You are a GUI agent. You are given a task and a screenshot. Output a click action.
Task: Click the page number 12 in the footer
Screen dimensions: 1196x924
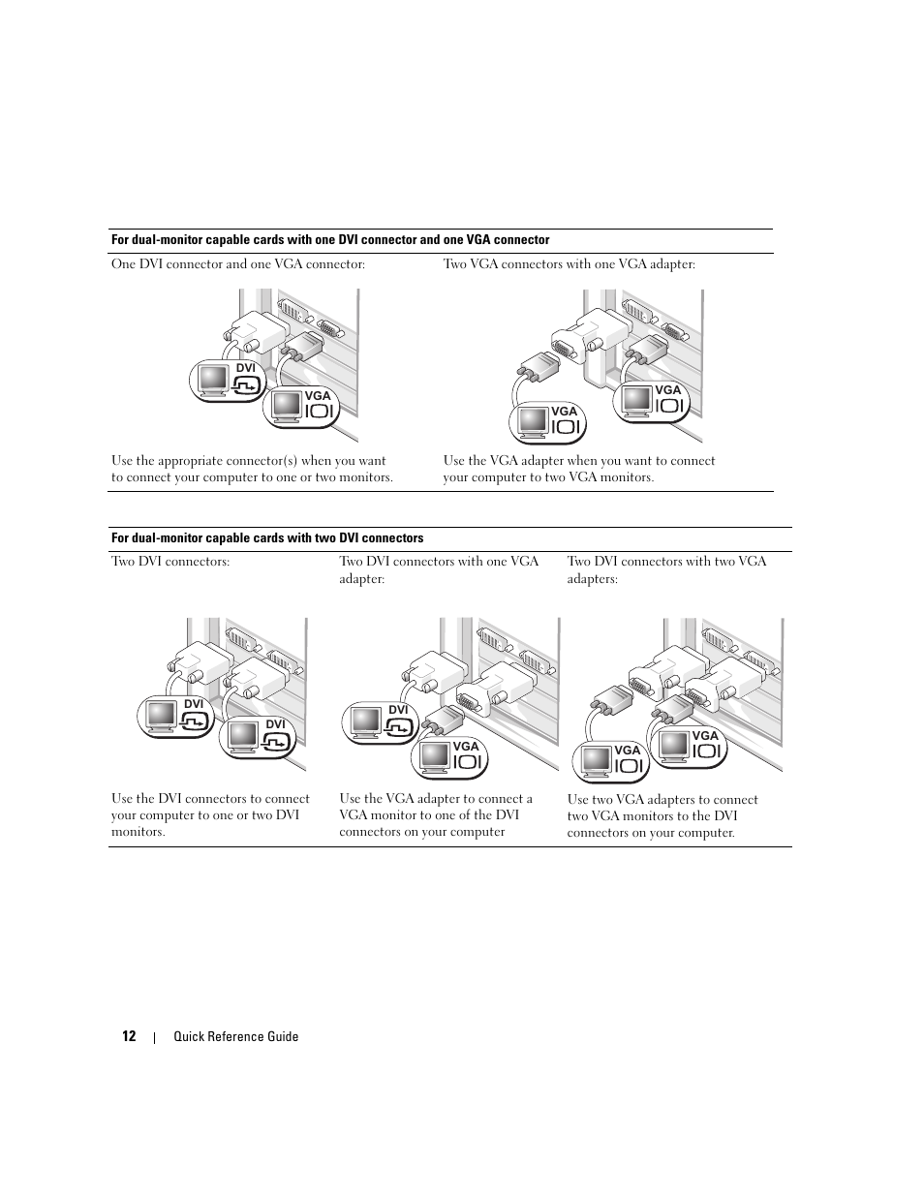point(129,1036)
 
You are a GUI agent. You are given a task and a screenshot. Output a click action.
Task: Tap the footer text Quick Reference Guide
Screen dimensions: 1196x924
point(235,1036)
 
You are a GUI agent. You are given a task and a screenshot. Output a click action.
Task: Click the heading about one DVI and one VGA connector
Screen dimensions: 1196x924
point(330,240)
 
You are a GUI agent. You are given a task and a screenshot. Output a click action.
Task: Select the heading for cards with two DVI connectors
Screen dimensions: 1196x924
point(267,538)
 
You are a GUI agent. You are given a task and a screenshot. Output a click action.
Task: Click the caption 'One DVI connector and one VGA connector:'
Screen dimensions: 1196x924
point(237,264)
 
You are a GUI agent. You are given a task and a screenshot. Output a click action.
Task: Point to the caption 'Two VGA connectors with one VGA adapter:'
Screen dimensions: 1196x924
point(569,264)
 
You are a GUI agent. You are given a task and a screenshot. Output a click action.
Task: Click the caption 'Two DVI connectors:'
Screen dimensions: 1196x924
point(170,562)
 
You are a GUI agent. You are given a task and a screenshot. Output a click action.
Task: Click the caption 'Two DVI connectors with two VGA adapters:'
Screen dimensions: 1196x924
point(666,569)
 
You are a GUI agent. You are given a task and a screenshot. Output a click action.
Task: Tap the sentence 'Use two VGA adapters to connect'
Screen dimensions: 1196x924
point(662,800)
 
